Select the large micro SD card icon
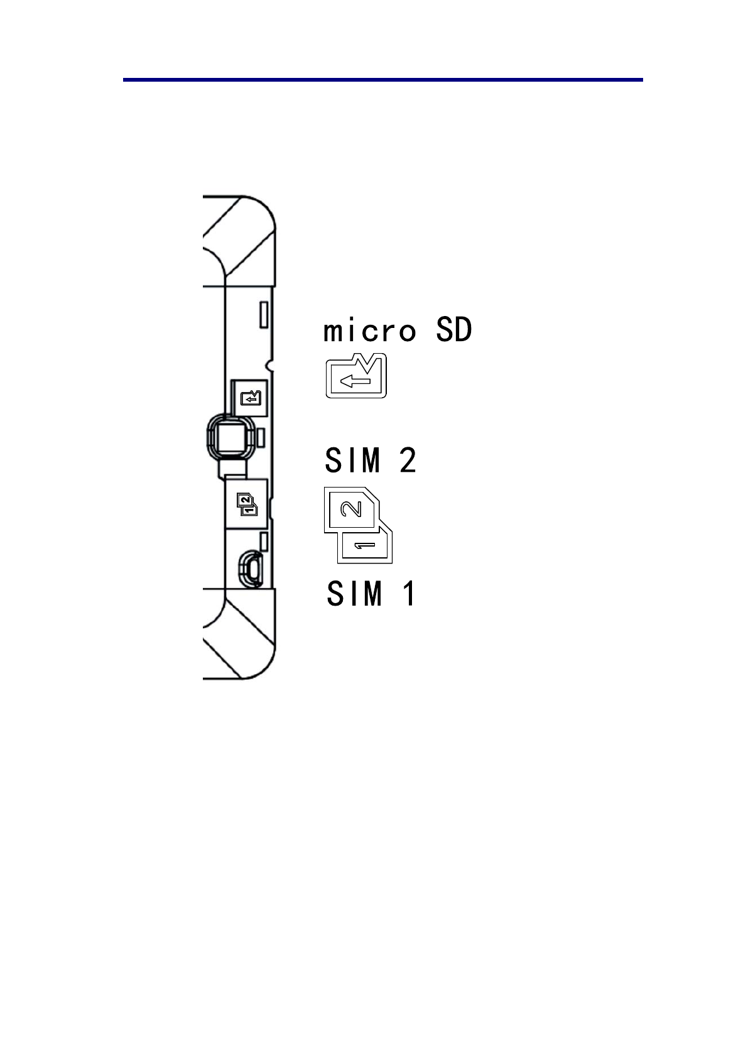click(356, 376)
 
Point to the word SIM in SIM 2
click(353, 461)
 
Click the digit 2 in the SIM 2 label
click(408, 461)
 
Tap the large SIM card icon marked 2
click(352, 509)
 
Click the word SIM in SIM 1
click(354, 593)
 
